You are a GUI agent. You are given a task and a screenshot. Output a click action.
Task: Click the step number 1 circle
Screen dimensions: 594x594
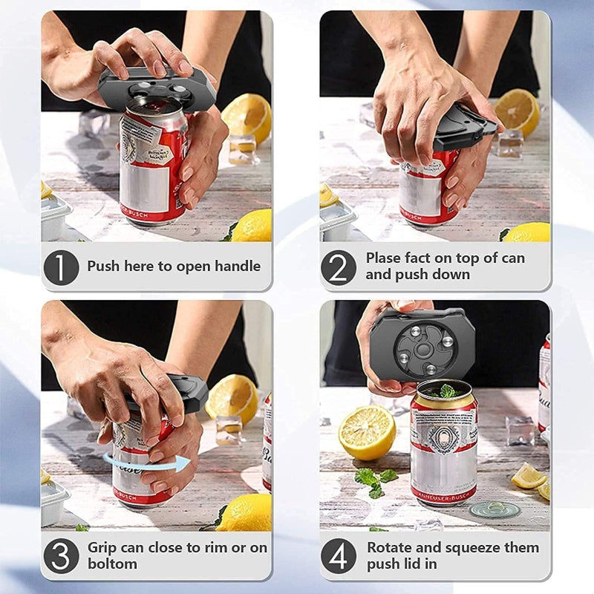click(61, 267)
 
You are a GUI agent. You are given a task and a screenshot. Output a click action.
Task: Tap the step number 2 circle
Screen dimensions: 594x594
click(339, 267)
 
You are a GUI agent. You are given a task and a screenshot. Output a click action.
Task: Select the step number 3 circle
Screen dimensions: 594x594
click(61, 556)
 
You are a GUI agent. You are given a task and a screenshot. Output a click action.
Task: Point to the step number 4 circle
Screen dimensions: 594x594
click(339, 556)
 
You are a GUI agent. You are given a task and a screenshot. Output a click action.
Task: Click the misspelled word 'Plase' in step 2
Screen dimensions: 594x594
click(383, 258)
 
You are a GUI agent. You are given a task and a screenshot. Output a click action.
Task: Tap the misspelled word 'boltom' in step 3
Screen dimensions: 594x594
click(111, 565)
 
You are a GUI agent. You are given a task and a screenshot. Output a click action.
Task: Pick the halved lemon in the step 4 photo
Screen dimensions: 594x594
click(367, 431)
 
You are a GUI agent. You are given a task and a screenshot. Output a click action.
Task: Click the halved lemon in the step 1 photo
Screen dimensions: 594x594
click(247, 117)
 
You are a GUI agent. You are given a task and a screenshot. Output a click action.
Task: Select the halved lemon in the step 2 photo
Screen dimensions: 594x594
click(518, 112)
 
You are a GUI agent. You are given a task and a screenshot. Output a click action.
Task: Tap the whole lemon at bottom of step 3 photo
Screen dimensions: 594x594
click(244, 513)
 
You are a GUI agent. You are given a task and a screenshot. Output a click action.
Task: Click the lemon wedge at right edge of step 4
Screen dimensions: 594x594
click(529, 476)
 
